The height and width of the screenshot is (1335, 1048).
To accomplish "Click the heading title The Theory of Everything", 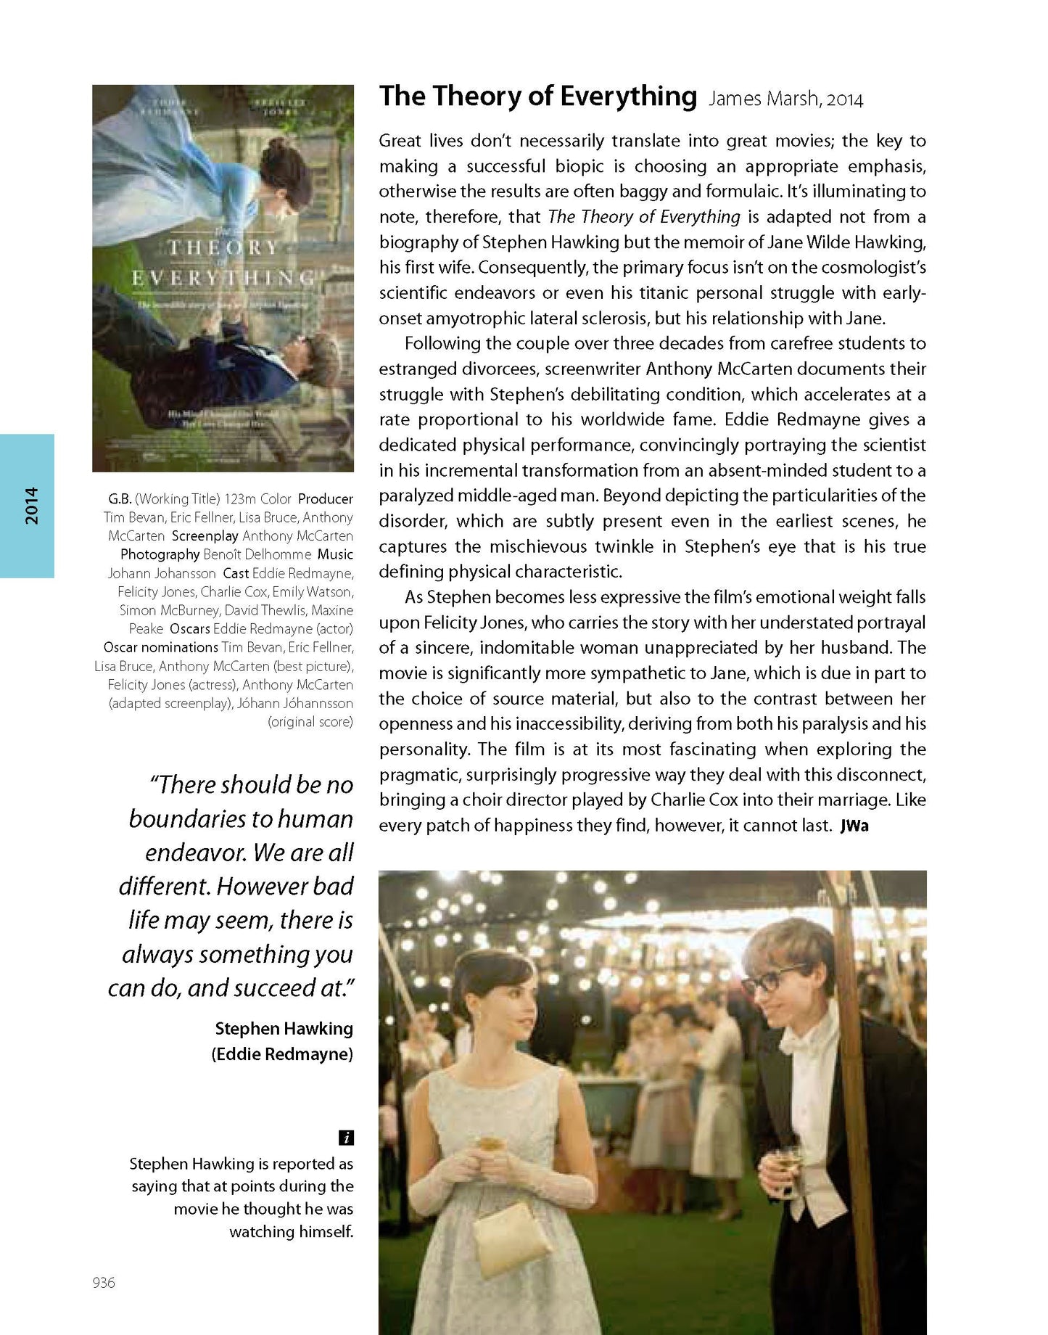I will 537,96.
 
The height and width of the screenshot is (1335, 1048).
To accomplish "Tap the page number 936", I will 104,1282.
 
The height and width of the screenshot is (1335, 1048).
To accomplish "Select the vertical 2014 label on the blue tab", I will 31,506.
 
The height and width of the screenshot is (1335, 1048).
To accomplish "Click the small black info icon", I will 346,1138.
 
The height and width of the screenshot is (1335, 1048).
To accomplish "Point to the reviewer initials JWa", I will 854,826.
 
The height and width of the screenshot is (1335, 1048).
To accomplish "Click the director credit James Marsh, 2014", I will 785,99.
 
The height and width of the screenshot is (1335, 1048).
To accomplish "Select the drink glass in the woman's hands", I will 491,1144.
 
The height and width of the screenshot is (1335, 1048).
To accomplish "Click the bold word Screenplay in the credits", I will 205,536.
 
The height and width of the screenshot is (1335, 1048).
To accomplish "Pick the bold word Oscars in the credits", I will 189,629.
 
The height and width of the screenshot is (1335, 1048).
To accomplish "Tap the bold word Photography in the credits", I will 160,554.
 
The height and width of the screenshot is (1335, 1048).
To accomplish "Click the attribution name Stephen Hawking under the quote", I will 284,1029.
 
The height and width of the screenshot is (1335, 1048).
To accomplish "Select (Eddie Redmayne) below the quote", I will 282,1054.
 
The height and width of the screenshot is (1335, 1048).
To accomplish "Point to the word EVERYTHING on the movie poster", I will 223,278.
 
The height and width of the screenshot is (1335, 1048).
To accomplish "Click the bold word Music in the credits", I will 335,554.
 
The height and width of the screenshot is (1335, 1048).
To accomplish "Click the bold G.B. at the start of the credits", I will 120,499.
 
